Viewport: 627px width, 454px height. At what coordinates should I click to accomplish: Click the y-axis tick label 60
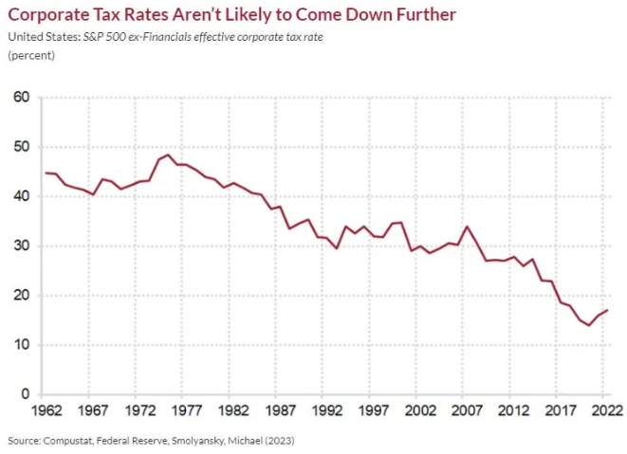point(22,98)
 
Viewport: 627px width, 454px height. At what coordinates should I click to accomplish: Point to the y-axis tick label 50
point(22,147)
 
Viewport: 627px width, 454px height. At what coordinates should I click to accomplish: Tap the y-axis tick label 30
point(22,245)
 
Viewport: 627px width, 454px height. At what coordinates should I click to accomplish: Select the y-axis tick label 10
point(22,345)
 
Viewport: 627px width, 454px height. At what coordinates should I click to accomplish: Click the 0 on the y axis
point(26,394)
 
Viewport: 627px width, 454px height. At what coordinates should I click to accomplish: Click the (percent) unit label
point(31,55)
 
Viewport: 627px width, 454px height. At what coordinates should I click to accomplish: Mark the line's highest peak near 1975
point(167,154)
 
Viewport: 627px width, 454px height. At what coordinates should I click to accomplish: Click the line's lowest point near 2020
point(588,325)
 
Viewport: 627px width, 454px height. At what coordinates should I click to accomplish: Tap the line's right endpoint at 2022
point(606,311)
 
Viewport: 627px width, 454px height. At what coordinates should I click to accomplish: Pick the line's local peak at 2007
point(467,227)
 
